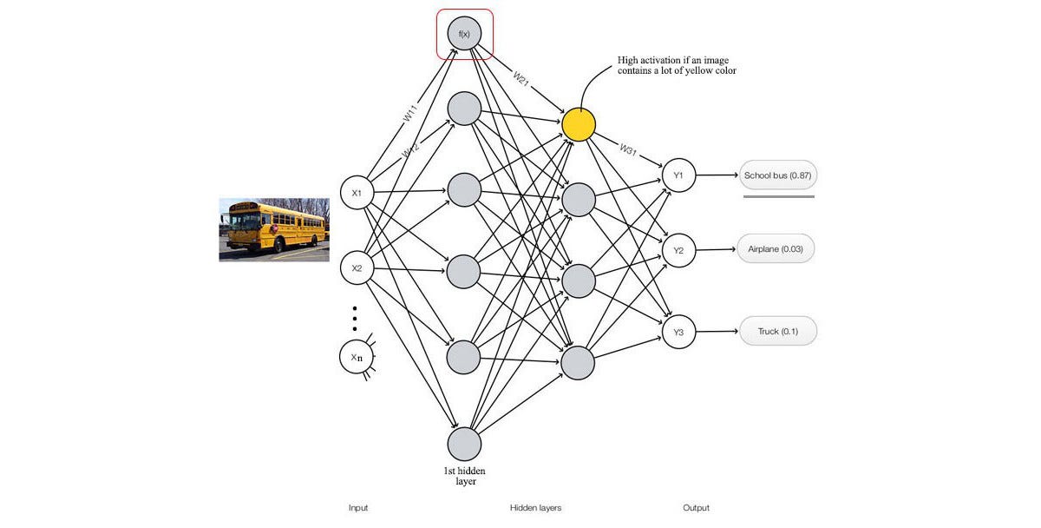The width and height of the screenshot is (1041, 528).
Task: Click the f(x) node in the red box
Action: tap(464, 34)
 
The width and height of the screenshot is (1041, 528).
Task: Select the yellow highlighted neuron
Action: tap(579, 124)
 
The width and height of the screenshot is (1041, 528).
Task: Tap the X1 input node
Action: tap(356, 193)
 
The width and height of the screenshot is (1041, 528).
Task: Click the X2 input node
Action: tap(356, 268)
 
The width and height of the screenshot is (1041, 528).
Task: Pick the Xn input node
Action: tap(356, 357)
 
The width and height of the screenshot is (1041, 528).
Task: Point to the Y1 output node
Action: tap(678, 176)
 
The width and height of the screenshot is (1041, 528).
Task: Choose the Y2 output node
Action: tap(678, 251)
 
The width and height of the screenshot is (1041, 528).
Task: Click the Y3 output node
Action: tap(678, 332)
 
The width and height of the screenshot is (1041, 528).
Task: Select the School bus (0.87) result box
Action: tap(777, 176)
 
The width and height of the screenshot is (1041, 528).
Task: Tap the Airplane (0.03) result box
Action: tap(776, 249)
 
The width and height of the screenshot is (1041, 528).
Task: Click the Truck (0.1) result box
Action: tap(777, 332)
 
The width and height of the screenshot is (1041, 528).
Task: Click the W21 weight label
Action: tap(520, 77)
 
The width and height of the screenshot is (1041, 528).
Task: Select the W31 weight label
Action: tap(627, 149)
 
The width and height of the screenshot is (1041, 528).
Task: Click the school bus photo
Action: tap(274, 229)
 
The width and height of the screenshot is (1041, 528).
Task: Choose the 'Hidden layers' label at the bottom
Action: tap(535, 508)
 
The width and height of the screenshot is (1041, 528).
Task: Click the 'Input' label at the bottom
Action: tap(358, 508)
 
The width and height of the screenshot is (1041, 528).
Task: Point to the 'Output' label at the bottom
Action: tap(696, 508)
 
